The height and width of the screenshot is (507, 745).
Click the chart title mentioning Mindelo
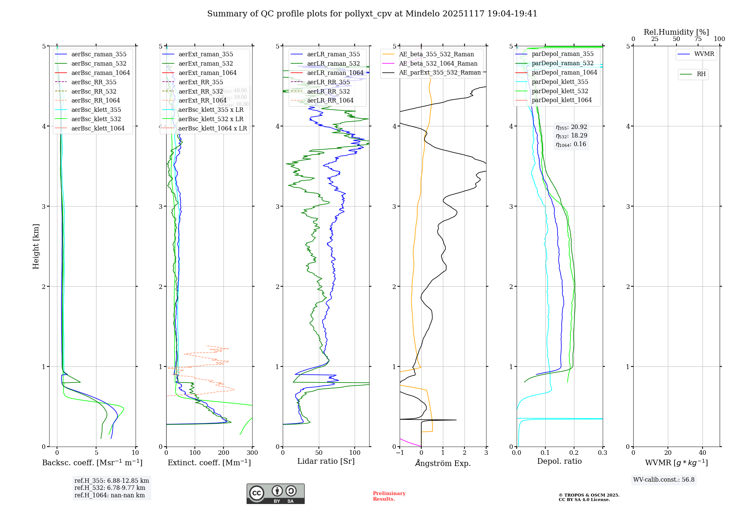tap(372, 14)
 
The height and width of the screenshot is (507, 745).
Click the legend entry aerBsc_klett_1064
tap(98, 128)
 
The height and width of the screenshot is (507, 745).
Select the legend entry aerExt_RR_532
tap(200, 91)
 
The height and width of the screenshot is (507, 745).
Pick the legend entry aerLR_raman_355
tap(333, 54)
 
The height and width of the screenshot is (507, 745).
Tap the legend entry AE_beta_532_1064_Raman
tap(438, 63)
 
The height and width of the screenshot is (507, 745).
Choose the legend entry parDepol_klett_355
tap(560, 82)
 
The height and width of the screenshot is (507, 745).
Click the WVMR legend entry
tap(704, 54)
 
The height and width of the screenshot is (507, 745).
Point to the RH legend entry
tap(701, 74)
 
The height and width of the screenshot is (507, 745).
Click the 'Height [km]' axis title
tap(36, 246)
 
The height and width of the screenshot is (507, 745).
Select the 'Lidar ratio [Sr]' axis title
tap(326, 461)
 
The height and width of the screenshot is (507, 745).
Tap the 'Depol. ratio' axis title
tap(559, 461)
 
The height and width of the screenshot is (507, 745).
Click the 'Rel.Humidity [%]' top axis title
tap(676, 32)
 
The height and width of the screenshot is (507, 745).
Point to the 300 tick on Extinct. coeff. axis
tap(252, 453)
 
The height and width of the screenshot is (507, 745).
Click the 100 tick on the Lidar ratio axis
tap(355, 453)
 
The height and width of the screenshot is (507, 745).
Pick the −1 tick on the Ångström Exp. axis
tap(400, 453)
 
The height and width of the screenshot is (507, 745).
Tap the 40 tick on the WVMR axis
tap(703, 453)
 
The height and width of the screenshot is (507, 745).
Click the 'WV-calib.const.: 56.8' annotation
tap(664, 479)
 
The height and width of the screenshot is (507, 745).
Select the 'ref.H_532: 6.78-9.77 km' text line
tap(110, 488)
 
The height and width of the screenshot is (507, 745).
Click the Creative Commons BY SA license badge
tap(275, 494)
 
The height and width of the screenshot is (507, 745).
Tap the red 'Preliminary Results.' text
tap(389, 496)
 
